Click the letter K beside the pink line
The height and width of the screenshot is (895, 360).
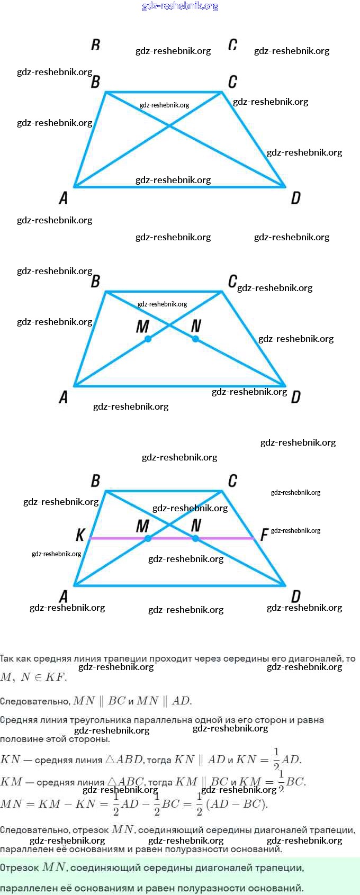pyautogui.click(x=80, y=535)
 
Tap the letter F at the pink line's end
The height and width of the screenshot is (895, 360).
pyautogui.click(x=264, y=535)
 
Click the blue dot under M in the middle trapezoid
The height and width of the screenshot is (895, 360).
pyautogui.click(x=148, y=339)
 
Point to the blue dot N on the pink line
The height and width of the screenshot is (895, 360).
pyautogui.click(x=195, y=538)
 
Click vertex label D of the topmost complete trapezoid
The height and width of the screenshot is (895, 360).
pyautogui.click(x=295, y=198)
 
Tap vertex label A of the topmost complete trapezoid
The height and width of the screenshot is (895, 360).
pyautogui.click(x=64, y=198)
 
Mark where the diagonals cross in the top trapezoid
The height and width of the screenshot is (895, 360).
pyautogui.click(x=169, y=125)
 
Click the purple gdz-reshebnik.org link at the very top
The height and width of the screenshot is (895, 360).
pyautogui.click(x=180, y=6)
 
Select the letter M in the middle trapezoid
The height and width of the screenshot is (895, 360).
pyautogui.click(x=142, y=327)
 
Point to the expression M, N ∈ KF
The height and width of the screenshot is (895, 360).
pyautogui.click(x=33, y=677)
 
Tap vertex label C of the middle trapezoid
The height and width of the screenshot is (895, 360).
pyautogui.click(x=232, y=282)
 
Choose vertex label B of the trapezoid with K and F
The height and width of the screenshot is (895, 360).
pyautogui.click(x=95, y=481)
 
